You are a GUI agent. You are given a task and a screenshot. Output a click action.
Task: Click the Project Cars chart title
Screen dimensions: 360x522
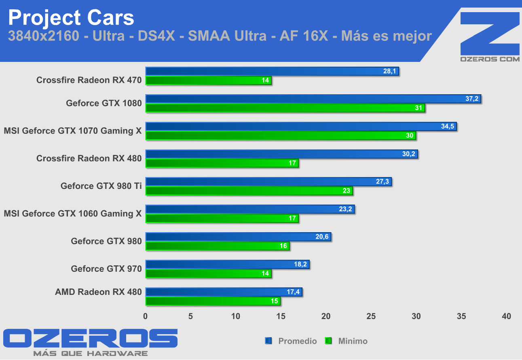pos(71,18)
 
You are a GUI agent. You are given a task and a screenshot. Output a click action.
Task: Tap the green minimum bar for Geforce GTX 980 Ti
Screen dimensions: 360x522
pos(249,191)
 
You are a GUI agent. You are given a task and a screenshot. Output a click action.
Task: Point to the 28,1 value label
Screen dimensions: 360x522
pos(391,72)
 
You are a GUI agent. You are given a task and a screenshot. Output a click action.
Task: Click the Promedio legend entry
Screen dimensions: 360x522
pos(297,341)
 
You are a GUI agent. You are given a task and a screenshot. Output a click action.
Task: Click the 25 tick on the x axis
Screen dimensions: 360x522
pos(371,316)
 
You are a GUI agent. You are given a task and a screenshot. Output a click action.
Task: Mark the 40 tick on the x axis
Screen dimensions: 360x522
pos(506,316)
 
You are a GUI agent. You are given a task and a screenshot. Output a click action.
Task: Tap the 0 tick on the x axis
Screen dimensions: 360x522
pos(146,316)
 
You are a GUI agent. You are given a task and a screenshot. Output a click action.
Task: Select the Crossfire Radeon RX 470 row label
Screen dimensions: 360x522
pos(89,80)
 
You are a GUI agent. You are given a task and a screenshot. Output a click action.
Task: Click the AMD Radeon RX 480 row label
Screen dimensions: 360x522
pos(98,292)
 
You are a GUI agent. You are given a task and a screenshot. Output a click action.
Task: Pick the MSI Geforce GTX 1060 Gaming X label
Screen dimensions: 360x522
pos(73,214)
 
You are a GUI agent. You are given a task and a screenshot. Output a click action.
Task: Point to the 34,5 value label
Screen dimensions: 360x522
pos(448,127)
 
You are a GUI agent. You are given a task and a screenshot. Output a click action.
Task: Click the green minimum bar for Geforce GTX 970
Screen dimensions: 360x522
pos(208,274)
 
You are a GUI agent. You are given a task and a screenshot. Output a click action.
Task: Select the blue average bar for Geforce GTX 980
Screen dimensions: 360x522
pos(238,237)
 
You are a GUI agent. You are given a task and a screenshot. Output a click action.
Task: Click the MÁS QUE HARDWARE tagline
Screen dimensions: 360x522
pos(90,354)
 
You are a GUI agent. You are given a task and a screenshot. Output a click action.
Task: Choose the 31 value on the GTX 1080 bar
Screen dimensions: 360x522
pos(418,108)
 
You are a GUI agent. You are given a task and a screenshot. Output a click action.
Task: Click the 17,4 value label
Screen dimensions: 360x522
pos(294,292)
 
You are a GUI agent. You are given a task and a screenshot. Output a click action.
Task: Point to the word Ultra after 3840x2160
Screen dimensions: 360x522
pos(108,36)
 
